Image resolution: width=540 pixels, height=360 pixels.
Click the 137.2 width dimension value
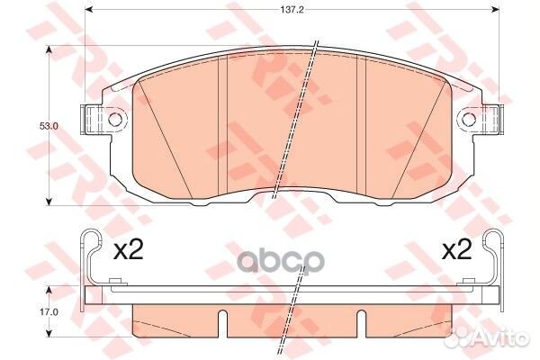(292, 10)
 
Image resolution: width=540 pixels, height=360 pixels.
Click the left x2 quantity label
(128, 250)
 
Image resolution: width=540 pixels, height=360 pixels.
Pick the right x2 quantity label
(456, 250)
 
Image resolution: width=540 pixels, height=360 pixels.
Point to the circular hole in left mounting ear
(115, 119)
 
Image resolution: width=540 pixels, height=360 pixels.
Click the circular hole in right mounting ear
(469, 119)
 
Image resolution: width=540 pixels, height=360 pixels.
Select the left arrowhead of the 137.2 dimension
(89, 9)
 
